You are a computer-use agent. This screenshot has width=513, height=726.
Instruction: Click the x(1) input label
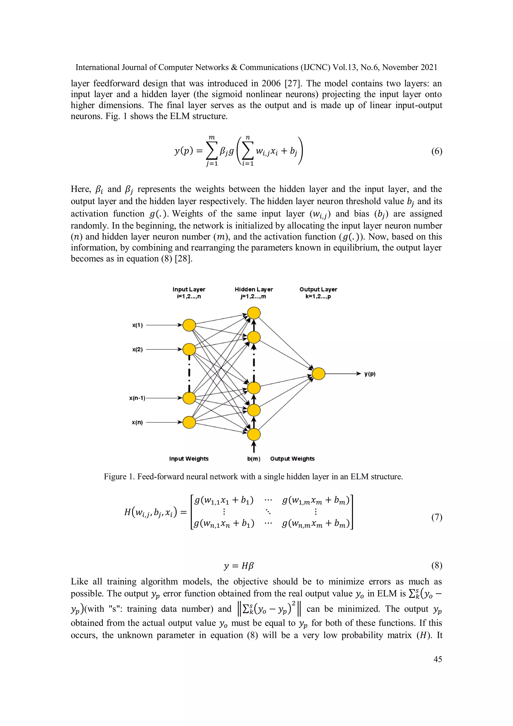137,325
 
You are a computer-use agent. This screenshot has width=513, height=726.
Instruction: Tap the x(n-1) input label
137,398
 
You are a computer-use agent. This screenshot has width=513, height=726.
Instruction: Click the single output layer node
319,374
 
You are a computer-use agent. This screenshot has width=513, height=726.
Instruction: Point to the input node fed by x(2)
189,350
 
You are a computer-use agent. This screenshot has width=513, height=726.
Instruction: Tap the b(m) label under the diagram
254,459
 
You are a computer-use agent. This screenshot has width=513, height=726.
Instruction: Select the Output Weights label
292,459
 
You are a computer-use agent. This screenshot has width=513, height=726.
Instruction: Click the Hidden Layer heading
254,289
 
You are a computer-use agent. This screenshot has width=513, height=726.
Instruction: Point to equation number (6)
437,151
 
